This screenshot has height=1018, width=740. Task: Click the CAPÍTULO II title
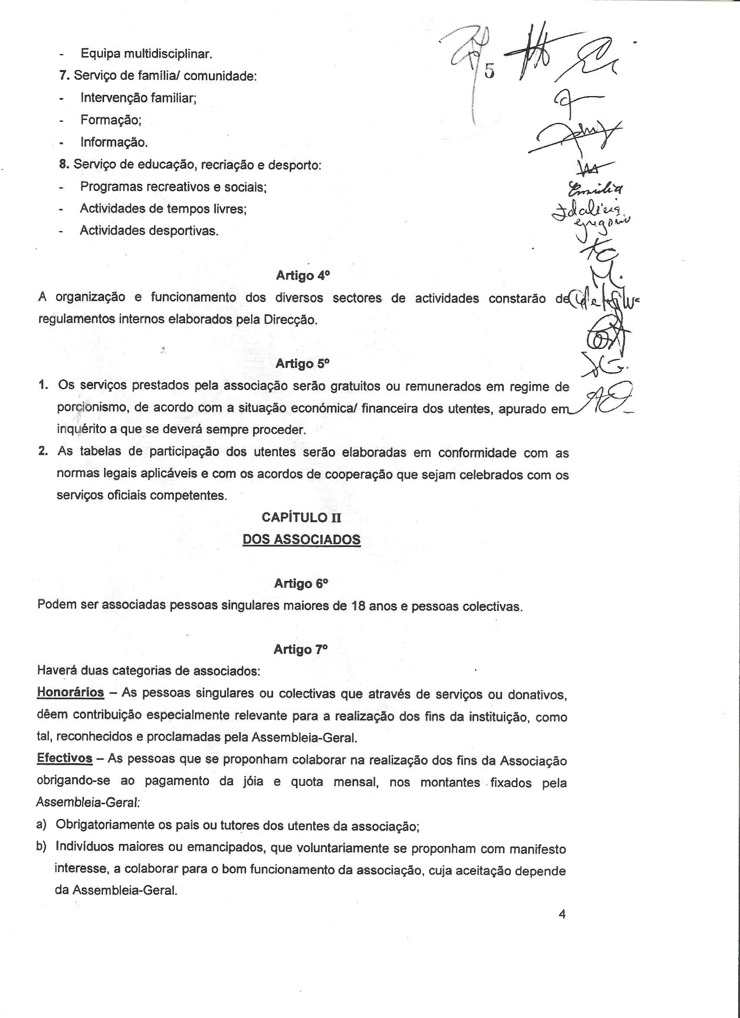(302, 518)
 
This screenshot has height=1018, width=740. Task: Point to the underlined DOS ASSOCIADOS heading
(301, 539)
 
